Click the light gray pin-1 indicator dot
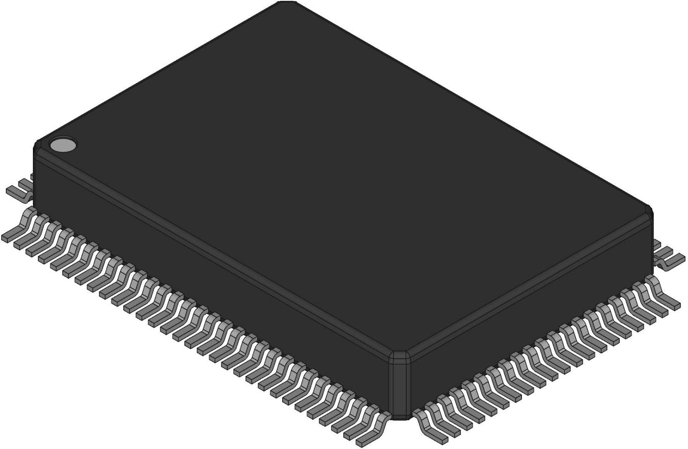(x=63, y=145)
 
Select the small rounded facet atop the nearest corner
(x=400, y=356)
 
